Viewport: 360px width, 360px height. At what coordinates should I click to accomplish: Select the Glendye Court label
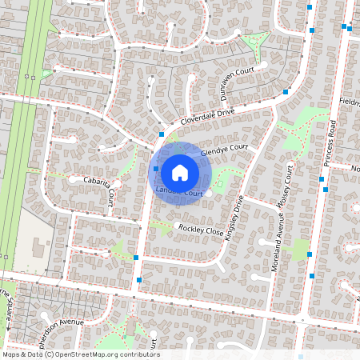[225, 150]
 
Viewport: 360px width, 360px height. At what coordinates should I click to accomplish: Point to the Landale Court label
[177, 193]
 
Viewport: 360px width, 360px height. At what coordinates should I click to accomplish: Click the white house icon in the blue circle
[180, 173]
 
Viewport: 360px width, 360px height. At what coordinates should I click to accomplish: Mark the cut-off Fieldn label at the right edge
[350, 103]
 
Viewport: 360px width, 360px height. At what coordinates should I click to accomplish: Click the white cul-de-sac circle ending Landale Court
[207, 193]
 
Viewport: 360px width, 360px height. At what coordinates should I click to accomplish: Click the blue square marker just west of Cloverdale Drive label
[162, 135]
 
